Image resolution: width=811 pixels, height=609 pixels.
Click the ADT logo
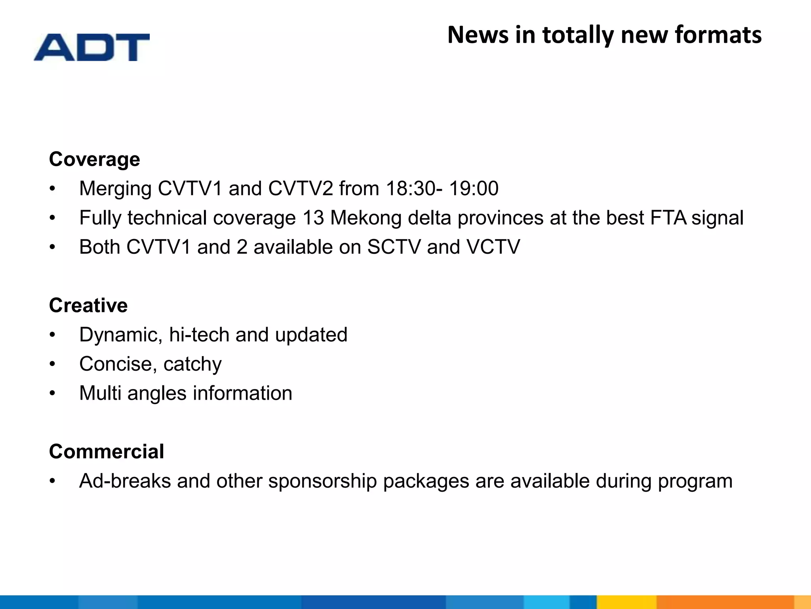(92, 47)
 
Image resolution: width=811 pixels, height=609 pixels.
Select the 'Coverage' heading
(94, 159)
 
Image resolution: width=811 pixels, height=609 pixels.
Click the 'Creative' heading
(88, 306)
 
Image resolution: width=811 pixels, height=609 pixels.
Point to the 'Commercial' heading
(107, 452)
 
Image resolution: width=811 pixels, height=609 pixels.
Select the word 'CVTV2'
(301, 189)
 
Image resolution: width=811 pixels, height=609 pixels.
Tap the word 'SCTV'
(394, 247)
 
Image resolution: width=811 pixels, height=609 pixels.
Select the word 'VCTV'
(493, 247)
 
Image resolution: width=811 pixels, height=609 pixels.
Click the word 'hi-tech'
(199, 335)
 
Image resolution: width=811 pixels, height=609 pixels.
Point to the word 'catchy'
(192, 364)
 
